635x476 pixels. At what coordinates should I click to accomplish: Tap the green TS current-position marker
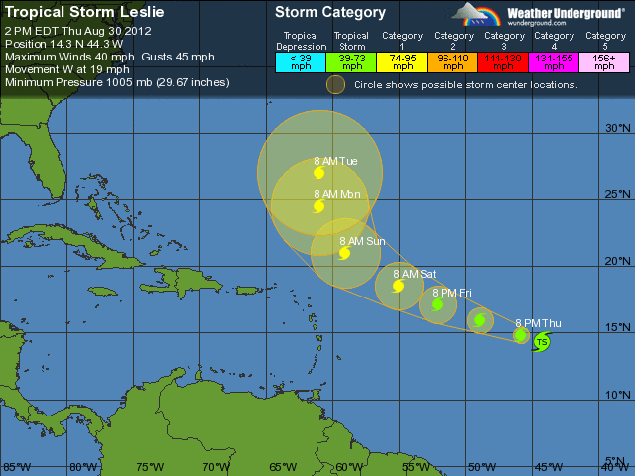[x=541, y=342]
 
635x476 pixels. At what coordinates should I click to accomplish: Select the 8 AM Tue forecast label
[x=335, y=161]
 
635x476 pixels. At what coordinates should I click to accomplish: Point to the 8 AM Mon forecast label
[x=336, y=194]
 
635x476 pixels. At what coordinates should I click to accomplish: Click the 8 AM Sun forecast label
[x=362, y=241]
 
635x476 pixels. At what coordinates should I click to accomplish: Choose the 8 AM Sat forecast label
[x=414, y=274]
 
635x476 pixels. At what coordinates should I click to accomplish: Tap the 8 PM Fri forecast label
[x=451, y=293]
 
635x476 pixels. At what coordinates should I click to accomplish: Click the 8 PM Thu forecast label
[x=538, y=323]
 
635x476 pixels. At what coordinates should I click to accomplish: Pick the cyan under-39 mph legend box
[x=301, y=60]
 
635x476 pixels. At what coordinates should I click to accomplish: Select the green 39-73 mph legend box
[x=351, y=60]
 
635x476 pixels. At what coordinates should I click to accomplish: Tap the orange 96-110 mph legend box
[x=453, y=60]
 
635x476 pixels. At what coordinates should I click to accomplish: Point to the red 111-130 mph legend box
[x=504, y=60]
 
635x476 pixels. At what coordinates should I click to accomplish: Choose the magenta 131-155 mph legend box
[x=555, y=60]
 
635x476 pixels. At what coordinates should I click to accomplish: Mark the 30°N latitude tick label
[x=618, y=129]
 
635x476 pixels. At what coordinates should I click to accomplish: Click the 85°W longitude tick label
[x=16, y=467]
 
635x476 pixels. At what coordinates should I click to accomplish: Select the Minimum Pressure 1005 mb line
[x=117, y=82]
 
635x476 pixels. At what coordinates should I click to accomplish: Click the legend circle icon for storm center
[x=336, y=84]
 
